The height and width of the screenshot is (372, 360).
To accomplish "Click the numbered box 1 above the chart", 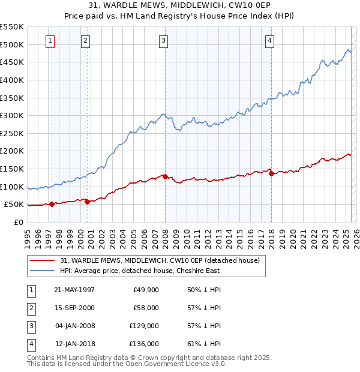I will point(49,41).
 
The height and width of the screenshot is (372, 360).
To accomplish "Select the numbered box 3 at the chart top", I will point(163,41).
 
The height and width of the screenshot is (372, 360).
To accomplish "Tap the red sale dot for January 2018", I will point(271,174).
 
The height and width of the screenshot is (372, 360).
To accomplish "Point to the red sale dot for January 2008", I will point(165,176).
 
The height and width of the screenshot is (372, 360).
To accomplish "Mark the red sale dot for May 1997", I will point(52,204).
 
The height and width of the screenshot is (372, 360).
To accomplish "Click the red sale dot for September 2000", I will point(88,202).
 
